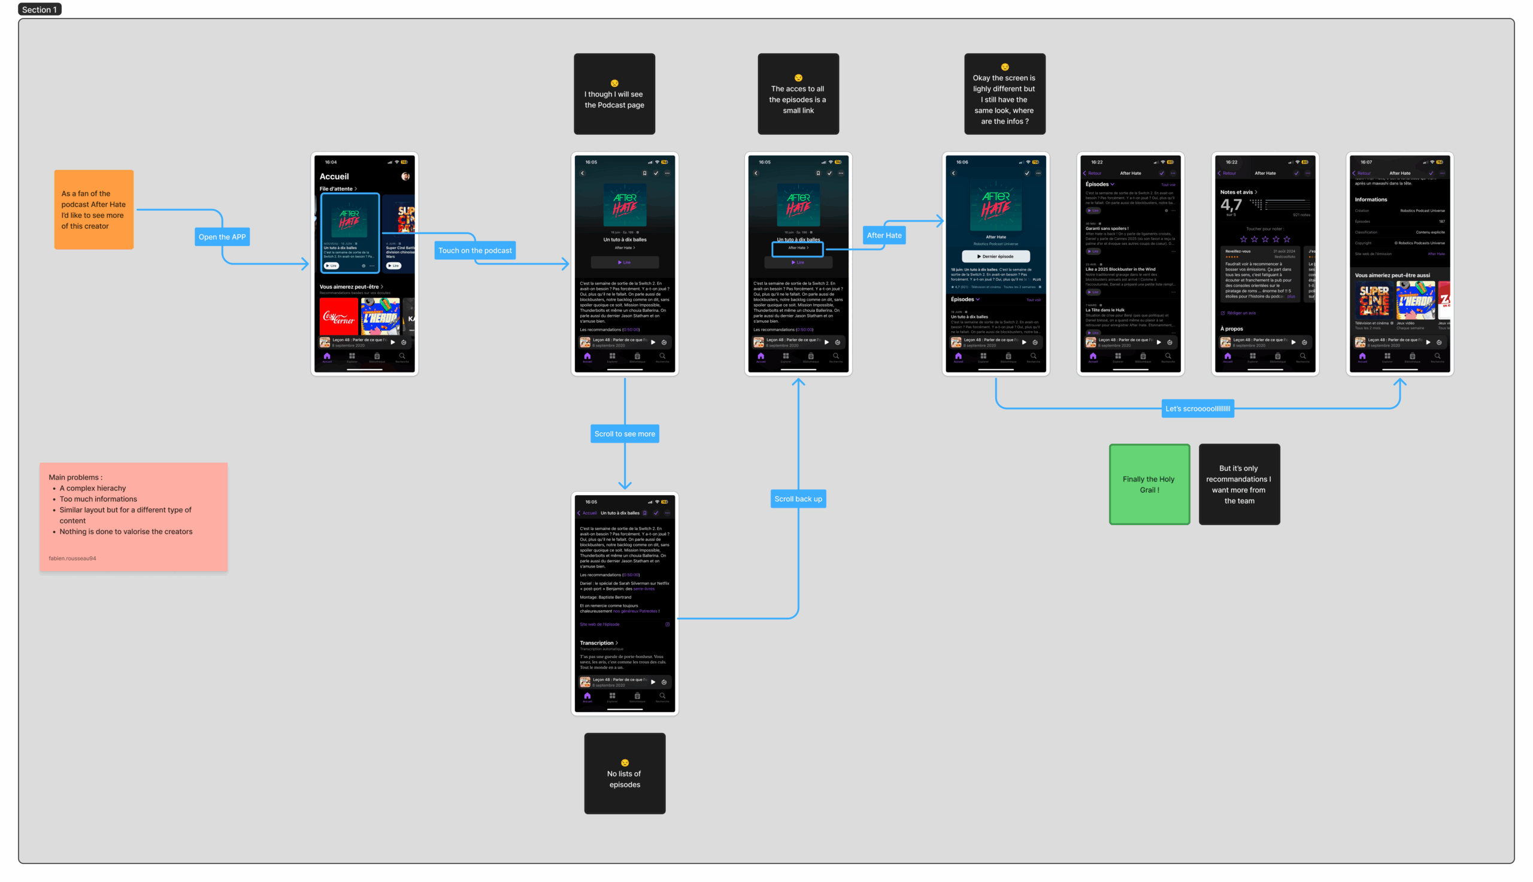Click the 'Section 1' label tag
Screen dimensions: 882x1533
40,9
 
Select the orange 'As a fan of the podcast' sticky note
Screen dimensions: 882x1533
94,210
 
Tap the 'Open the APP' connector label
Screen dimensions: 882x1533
222,237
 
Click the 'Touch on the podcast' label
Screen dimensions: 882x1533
475,250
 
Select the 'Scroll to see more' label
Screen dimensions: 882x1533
625,434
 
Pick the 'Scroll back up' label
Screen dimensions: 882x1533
798,499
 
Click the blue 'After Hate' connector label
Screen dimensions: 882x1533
884,235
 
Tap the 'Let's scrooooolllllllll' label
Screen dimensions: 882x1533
1198,408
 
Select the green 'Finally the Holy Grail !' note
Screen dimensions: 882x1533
1149,484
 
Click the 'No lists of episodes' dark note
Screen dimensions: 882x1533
625,774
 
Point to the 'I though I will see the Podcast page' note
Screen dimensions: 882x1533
614,95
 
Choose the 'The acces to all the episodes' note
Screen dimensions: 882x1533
798,95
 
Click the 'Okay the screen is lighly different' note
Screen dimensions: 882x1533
1004,95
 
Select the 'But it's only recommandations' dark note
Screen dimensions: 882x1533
1238,484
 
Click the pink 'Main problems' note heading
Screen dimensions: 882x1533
75,477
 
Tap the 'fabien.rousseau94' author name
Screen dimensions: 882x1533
72,558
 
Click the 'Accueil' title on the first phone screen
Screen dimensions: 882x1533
334,176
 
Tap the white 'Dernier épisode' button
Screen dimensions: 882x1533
996,256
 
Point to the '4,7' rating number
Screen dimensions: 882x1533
1231,205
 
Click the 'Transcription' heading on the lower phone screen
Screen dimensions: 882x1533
596,642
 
